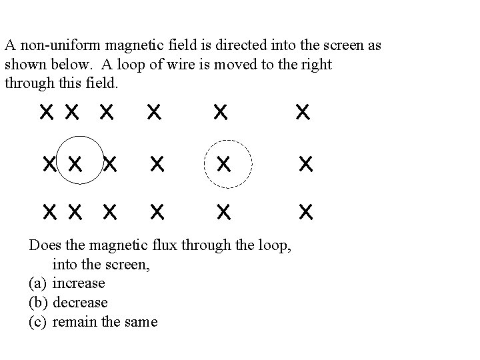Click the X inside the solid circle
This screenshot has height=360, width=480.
(75, 162)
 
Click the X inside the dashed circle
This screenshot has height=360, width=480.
(224, 163)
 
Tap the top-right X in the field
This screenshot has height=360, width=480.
(302, 112)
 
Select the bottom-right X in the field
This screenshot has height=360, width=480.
(305, 212)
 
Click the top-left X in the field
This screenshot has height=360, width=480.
(46, 112)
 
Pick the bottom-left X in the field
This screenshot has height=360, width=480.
(49, 212)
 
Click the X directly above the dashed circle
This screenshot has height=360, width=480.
(221, 112)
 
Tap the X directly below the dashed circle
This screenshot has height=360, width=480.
(224, 212)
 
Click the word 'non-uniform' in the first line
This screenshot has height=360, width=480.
(50, 47)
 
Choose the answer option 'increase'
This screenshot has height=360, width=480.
(79, 283)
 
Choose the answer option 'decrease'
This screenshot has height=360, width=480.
(79, 303)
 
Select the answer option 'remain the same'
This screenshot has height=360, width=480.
(105, 322)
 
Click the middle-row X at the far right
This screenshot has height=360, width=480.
(305, 163)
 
